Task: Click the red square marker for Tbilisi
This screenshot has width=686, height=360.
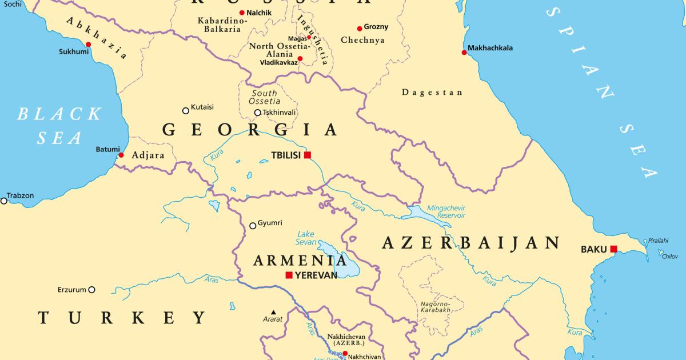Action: coord(308,155)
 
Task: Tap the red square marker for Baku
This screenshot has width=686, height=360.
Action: coord(613,249)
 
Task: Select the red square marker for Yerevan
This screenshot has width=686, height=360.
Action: coord(289,275)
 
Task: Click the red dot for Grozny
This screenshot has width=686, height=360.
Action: coord(360,28)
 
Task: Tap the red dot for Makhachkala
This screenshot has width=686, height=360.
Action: coord(465,53)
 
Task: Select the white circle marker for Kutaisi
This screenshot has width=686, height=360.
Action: coord(186,111)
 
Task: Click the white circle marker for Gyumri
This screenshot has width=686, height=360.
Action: coord(253,226)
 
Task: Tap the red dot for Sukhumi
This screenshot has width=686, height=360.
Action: coord(89,44)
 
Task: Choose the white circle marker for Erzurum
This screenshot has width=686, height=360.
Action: coord(91,290)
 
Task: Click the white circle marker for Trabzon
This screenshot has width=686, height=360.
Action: coord(3,201)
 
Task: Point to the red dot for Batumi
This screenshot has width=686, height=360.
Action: coord(121,155)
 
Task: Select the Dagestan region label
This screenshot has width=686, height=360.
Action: coord(432,92)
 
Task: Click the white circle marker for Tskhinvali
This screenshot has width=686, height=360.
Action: coord(258,113)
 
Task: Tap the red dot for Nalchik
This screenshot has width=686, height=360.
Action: coord(242,13)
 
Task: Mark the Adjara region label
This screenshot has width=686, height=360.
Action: coord(148,155)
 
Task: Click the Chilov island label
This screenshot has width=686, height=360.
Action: coord(669,257)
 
